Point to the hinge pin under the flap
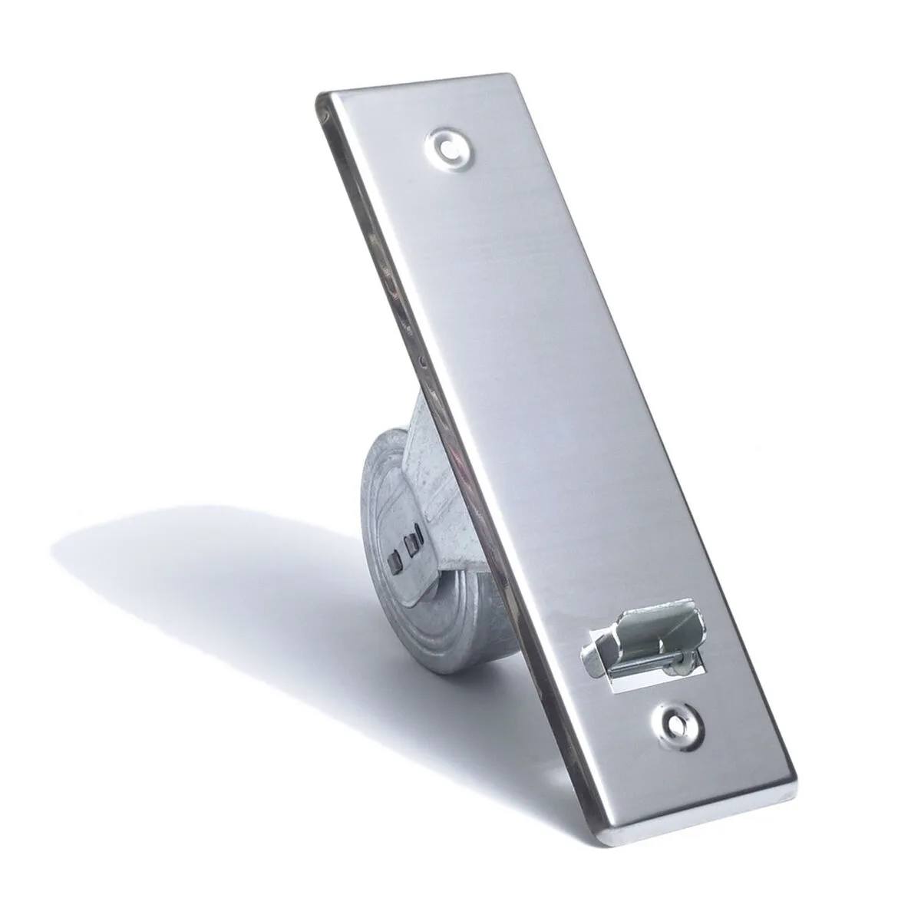tap(641, 659)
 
